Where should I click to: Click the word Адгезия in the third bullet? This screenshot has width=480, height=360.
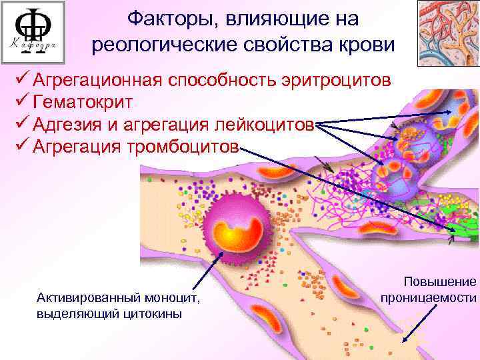69,125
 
